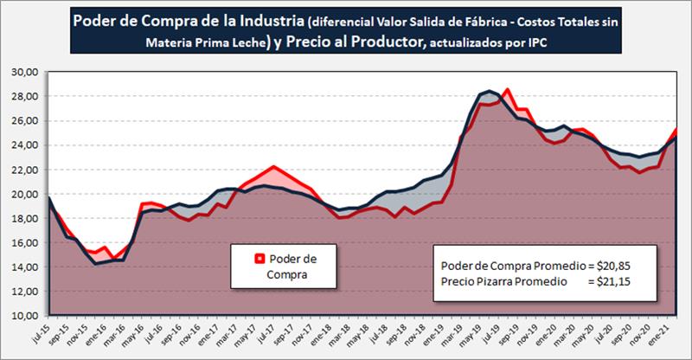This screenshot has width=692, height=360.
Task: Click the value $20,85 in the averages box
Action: (614, 265)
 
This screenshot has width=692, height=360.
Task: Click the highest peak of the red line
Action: (506, 89)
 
